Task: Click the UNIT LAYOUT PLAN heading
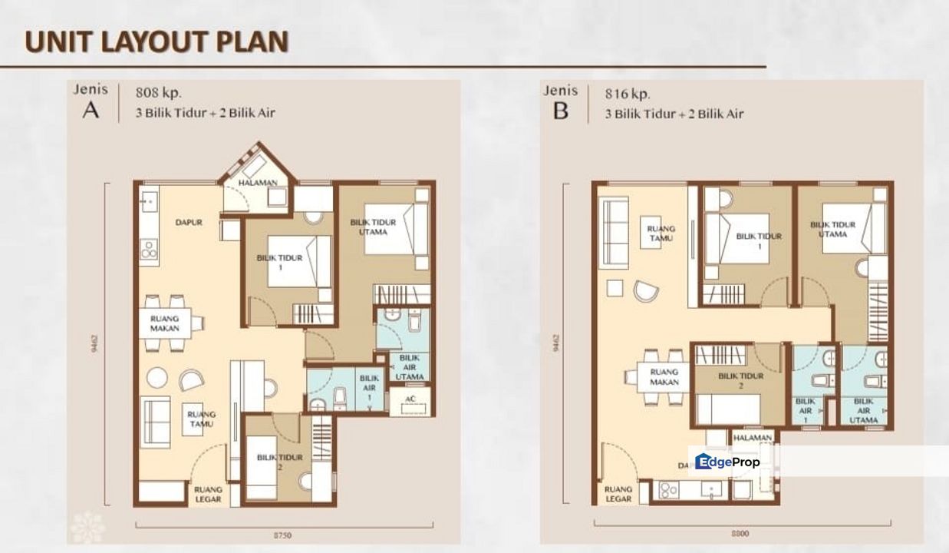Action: point(157,41)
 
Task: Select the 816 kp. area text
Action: point(627,94)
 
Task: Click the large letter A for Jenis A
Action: point(91,110)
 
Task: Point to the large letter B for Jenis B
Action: point(561,111)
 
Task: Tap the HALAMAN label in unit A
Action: point(257,183)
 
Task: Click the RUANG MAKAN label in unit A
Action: point(165,323)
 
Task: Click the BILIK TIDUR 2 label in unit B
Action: point(741,381)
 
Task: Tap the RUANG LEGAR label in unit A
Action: point(208,494)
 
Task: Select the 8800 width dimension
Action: point(740,534)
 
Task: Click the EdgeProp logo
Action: point(727,462)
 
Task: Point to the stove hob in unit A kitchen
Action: point(149,250)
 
